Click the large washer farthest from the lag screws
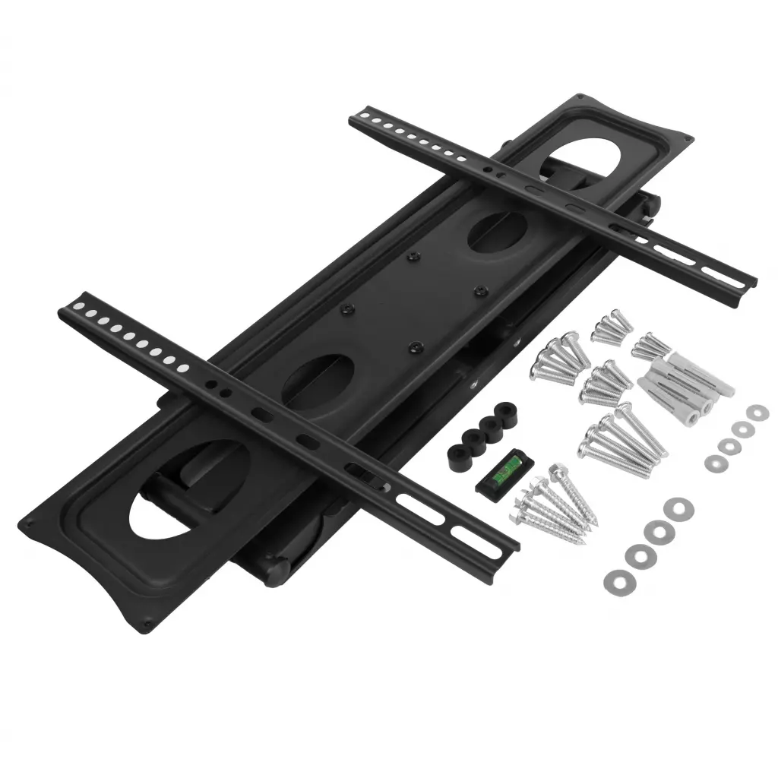point(673,508)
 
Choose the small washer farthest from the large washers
point(756,412)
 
